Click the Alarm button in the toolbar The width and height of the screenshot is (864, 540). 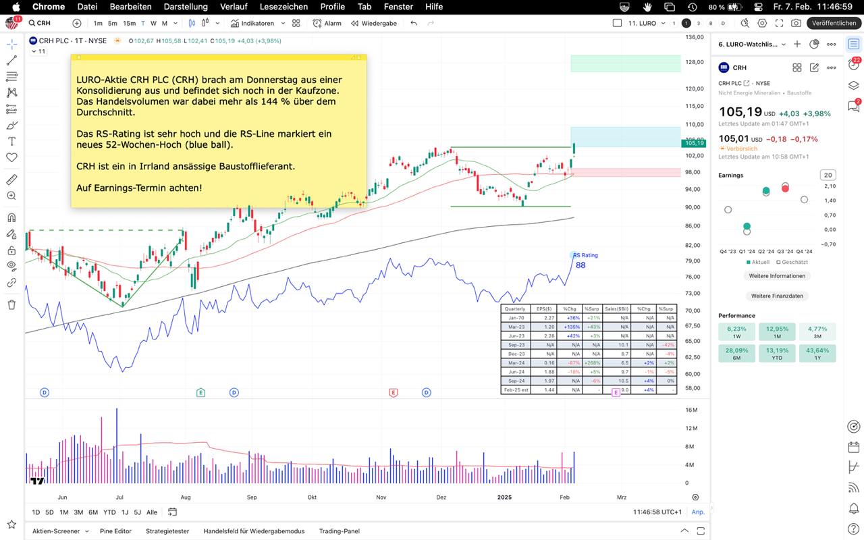coord(327,23)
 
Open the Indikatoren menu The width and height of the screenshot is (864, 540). coord(253,23)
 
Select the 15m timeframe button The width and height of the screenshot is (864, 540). coord(129,23)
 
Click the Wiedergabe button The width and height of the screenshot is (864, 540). coord(374,23)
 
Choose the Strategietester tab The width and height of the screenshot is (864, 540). coord(167,531)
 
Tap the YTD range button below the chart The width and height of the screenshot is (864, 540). coord(109,512)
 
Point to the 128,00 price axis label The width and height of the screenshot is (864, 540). coord(695,63)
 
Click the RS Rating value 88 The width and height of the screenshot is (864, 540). coord(580,265)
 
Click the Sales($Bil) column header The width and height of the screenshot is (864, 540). coord(616,308)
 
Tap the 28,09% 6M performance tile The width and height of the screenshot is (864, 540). coord(736,354)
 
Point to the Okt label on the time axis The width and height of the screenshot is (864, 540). coord(312,497)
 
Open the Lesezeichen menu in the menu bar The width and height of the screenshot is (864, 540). coord(283,7)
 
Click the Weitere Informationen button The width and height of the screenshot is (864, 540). coord(777,276)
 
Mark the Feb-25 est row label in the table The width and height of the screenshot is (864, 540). coord(515,390)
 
